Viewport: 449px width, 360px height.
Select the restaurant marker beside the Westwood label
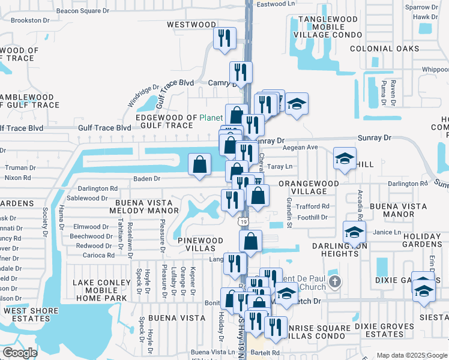(223, 38)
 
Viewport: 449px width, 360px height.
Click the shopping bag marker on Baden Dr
(199, 164)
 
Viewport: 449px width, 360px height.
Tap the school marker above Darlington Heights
(354, 232)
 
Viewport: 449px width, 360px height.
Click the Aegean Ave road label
(304, 147)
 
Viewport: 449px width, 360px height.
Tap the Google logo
(20, 353)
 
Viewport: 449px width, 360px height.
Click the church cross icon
(335, 280)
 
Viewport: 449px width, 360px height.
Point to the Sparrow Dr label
(418, 7)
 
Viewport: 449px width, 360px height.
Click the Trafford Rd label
(314, 206)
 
